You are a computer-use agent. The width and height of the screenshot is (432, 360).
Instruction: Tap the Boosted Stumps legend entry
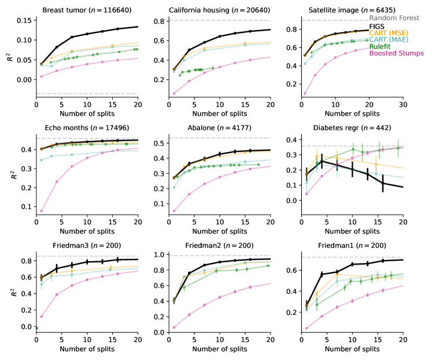[397, 54]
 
